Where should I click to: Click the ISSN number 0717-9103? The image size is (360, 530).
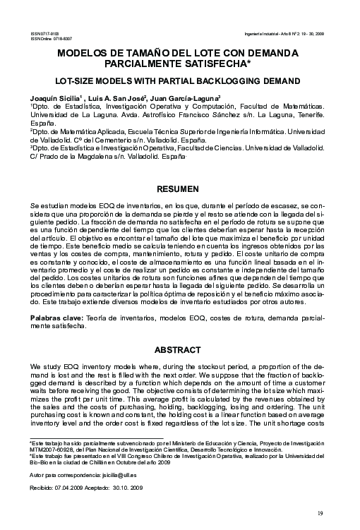pyautogui.click(x=50, y=33)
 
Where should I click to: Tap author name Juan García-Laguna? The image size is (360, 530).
pyautogui.click(x=186, y=98)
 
